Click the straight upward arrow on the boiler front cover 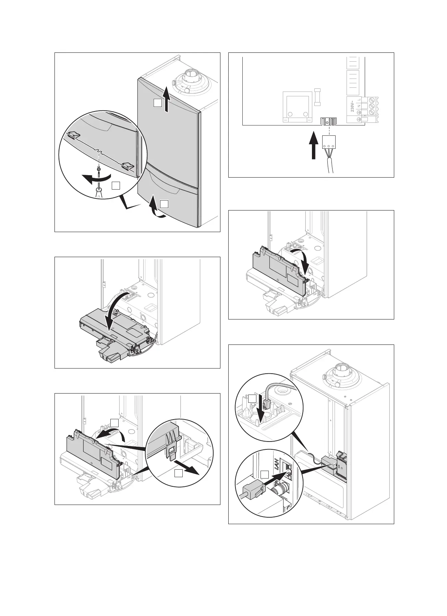[166, 99]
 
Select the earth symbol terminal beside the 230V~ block [359, 119]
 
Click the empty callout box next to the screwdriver [116, 185]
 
